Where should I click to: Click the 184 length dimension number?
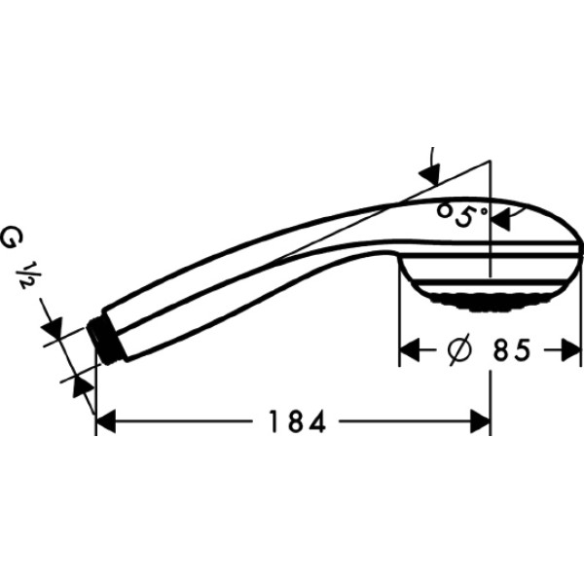[x=289, y=421]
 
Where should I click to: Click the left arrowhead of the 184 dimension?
[x=107, y=421]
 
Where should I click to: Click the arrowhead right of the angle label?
[x=501, y=219]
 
